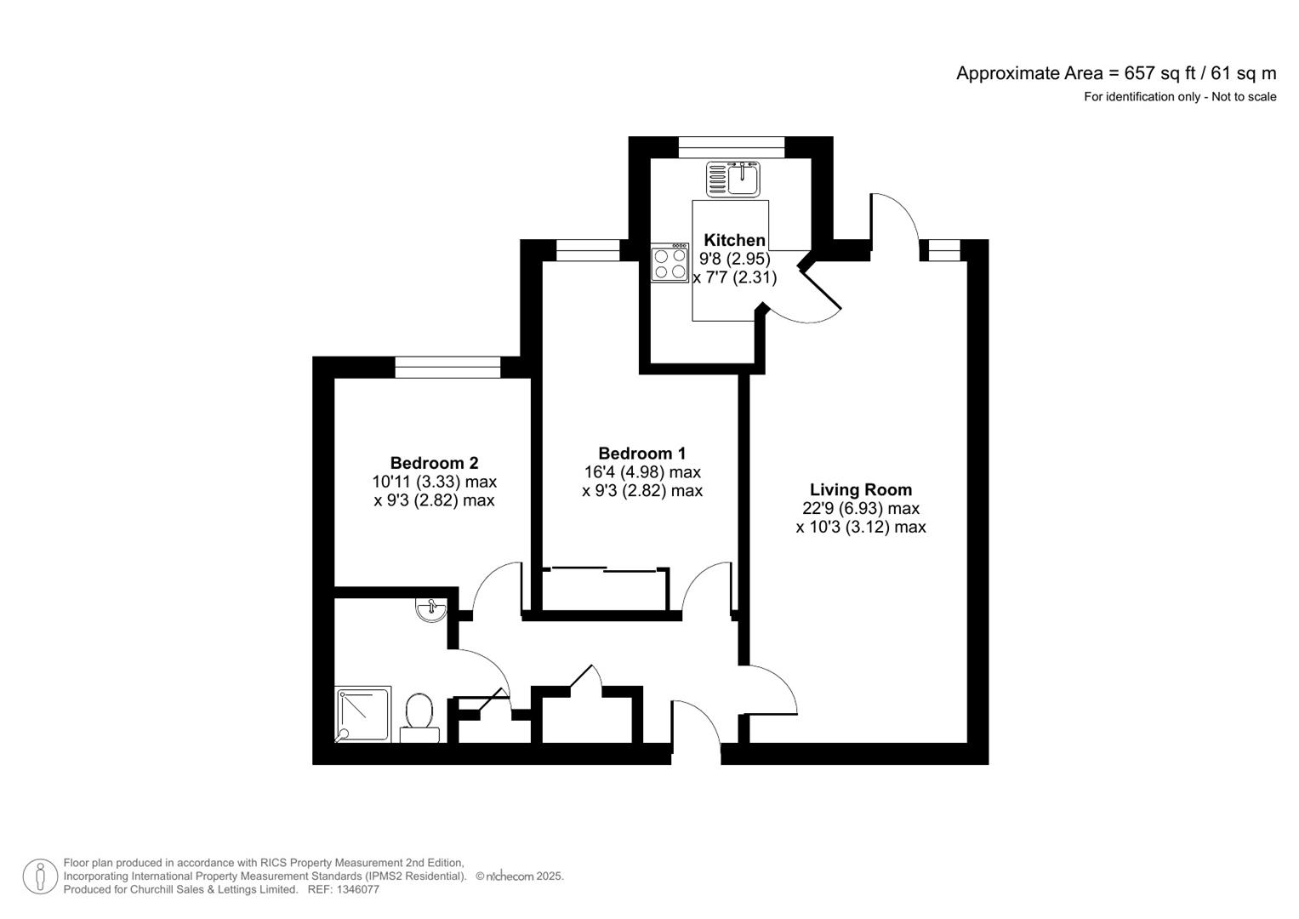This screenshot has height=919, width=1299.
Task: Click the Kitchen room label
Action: (734, 240)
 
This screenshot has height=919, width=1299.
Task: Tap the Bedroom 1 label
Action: (641, 454)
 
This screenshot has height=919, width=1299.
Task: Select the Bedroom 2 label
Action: (434, 463)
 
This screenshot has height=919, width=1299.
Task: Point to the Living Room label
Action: (860, 489)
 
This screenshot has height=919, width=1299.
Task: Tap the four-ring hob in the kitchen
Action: (669, 264)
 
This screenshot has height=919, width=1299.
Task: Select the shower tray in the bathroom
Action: (363, 714)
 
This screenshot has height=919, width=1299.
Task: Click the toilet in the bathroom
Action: (419, 717)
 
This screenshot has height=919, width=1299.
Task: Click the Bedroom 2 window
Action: (447, 368)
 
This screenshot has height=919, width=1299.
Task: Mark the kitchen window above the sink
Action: (732, 147)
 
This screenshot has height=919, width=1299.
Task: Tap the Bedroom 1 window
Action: (588, 250)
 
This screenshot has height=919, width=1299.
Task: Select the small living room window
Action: (943, 250)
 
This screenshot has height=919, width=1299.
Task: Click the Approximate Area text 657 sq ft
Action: (1115, 73)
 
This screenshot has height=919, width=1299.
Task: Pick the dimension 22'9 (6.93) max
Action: (860, 508)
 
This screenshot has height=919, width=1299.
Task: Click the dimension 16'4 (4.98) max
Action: (641, 472)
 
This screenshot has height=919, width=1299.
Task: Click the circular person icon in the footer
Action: (39, 876)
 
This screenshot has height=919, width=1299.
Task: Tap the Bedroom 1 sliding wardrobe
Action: (604, 589)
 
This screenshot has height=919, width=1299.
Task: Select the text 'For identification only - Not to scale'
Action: (1179, 97)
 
